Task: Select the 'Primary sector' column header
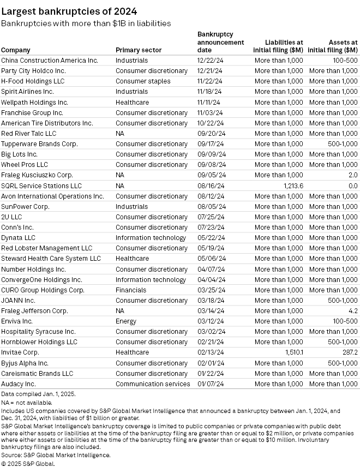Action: coord(139,50)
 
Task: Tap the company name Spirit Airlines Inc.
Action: coord(27,92)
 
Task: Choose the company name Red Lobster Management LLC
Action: coord(47,248)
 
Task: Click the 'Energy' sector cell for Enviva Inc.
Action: coord(126,321)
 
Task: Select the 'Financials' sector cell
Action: coord(131,290)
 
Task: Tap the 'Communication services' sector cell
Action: coord(153,384)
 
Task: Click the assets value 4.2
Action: coord(352,311)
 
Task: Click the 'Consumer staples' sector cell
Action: coord(143,81)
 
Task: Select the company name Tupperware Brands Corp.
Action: coord(39,144)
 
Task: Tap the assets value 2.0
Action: coord(352,175)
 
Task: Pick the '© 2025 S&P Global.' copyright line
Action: coord(28,463)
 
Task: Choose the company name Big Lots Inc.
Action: coord(19,154)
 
